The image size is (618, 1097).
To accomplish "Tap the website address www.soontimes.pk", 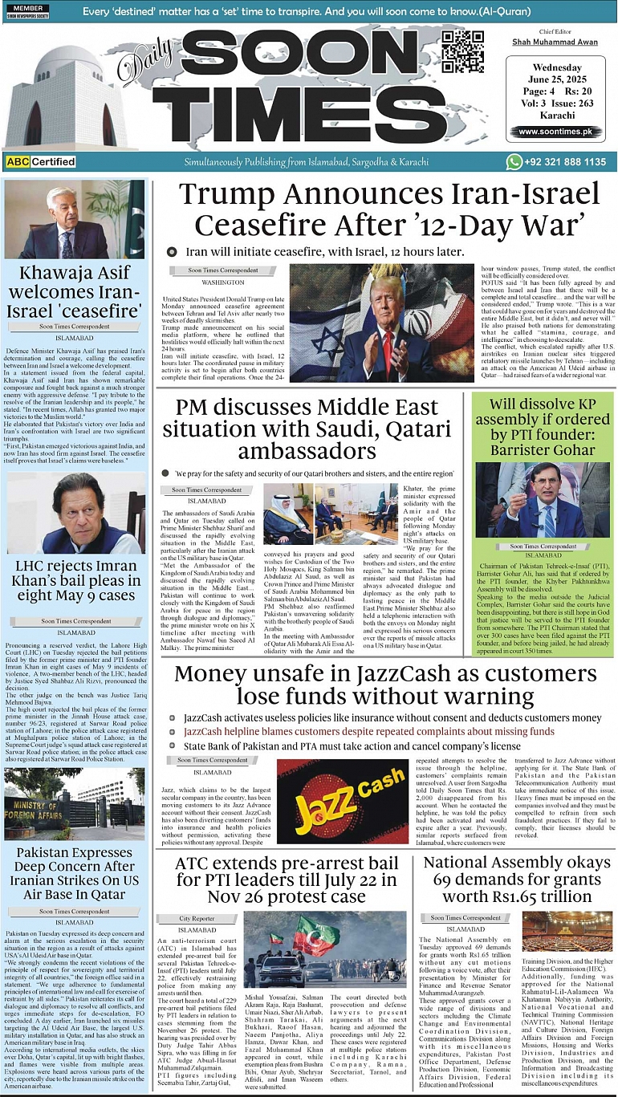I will click(x=559, y=132).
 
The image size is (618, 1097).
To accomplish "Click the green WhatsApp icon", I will click(x=514, y=162).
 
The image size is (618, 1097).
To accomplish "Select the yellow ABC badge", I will click(x=17, y=162).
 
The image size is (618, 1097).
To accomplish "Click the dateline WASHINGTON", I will click(x=223, y=283).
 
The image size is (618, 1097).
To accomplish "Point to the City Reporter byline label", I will click(x=197, y=917).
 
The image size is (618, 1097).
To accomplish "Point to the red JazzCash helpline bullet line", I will click(x=368, y=732).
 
